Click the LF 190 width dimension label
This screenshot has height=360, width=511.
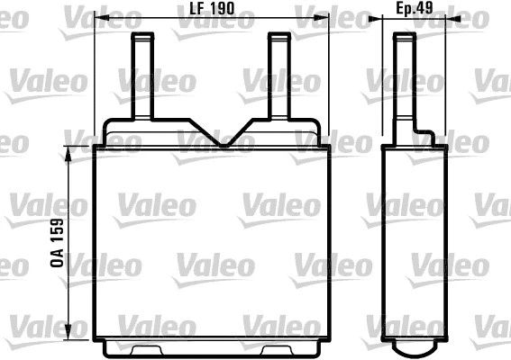coord(213,8)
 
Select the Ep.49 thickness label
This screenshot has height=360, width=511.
coord(416,8)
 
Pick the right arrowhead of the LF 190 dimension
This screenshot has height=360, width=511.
coord(326,18)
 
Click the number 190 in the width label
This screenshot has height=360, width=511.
coord(224,8)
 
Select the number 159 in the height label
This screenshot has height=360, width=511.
coord(57,232)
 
